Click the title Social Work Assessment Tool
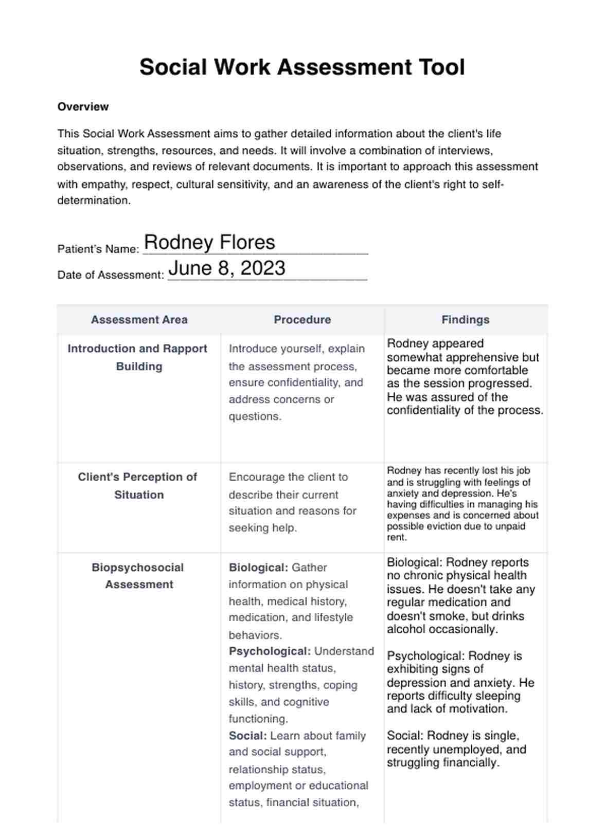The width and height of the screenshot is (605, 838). click(x=302, y=67)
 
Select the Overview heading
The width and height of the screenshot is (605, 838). click(x=83, y=107)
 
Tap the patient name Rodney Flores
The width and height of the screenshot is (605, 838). click(x=209, y=243)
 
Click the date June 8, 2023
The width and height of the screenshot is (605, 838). click(x=227, y=268)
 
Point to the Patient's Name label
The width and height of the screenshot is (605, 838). click(x=98, y=249)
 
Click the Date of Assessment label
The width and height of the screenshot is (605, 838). click(x=111, y=275)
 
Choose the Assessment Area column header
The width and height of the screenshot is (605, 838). click(x=139, y=320)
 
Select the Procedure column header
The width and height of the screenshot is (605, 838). click(x=302, y=320)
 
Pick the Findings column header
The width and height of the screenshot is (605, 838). click(x=465, y=320)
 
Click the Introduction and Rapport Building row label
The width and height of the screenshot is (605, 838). click(x=137, y=357)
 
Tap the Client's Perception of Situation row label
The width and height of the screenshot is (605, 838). click(x=137, y=486)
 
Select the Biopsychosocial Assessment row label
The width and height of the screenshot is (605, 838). click(x=137, y=576)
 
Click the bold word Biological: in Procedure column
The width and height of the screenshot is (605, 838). click(x=258, y=568)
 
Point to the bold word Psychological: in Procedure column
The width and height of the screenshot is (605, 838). click(x=270, y=651)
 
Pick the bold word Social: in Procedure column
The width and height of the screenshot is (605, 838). click(x=247, y=736)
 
